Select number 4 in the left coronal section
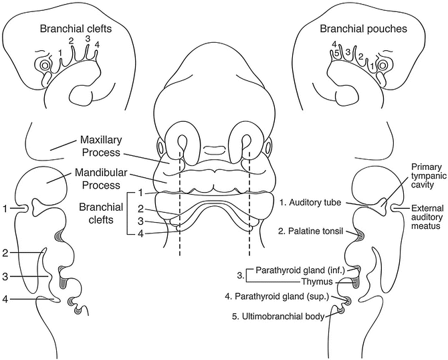5,299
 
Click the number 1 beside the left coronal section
5,209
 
